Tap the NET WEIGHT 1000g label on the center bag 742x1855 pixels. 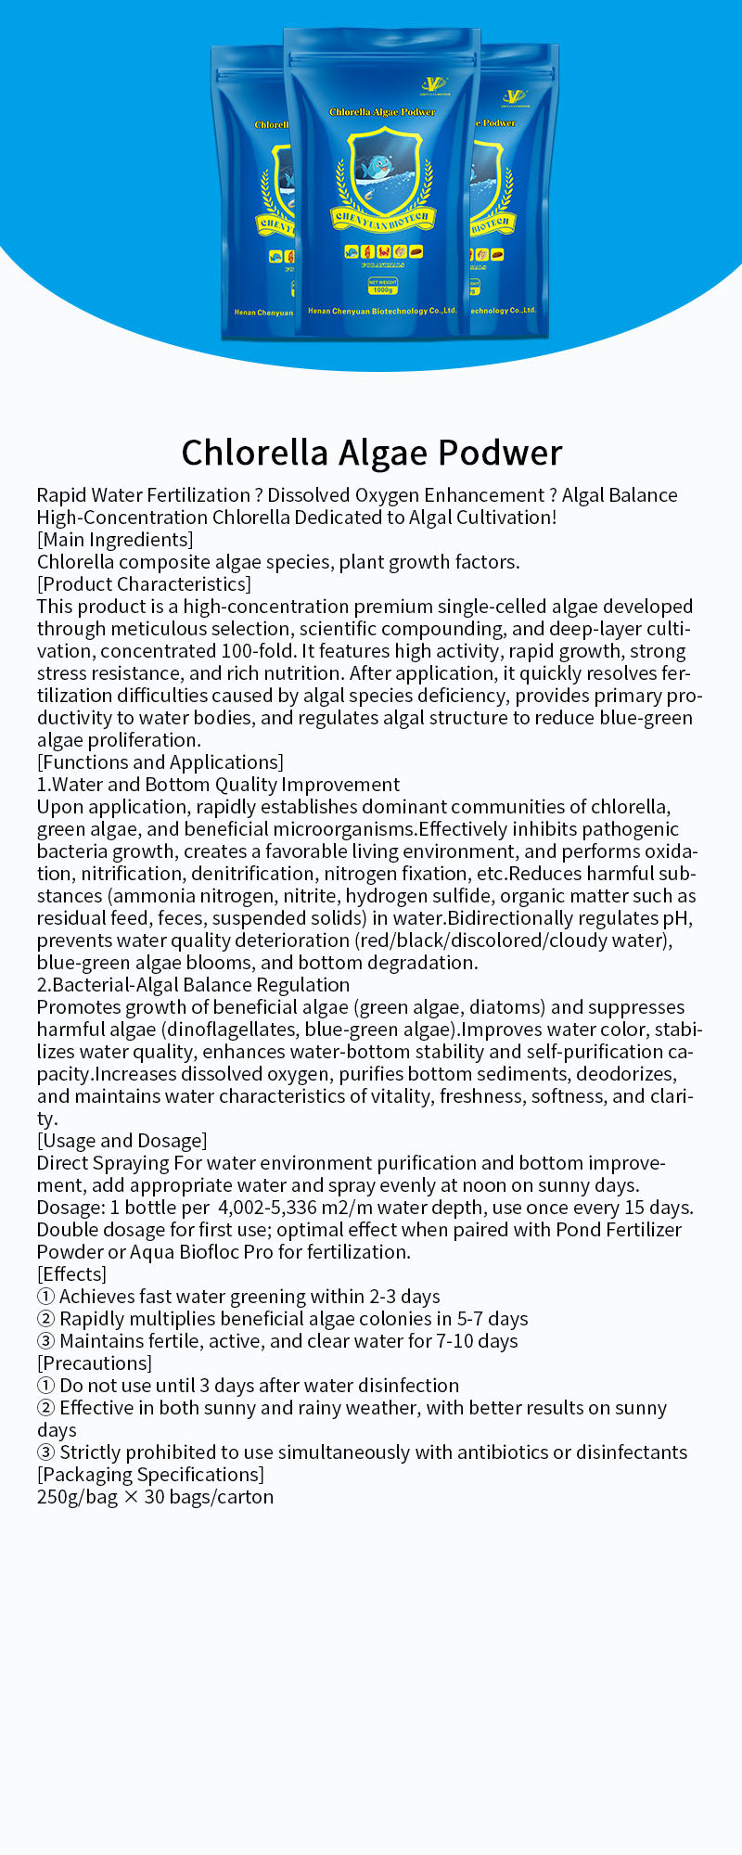pyautogui.click(x=382, y=286)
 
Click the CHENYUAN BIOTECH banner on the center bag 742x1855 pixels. pyautogui.click(x=382, y=219)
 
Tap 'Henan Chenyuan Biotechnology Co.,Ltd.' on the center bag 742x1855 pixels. pyautogui.click(x=382, y=311)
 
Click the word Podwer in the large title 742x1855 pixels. pyautogui.click(x=500, y=453)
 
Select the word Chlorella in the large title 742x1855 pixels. pyautogui.click(x=254, y=453)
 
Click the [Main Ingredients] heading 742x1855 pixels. pyautogui.click(x=115, y=540)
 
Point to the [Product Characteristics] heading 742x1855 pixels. pyautogui.click(x=144, y=584)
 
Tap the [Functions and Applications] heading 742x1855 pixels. pyautogui.click(x=160, y=762)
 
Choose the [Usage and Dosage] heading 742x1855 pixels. pyautogui.click(x=122, y=1141)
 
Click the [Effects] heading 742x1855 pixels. pyautogui.click(x=71, y=1274)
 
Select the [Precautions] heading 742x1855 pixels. pyautogui.click(x=94, y=1363)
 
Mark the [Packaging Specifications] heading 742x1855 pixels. pyautogui.click(x=150, y=1475)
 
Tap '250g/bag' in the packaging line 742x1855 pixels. pyautogui.click(x=77, y=1497)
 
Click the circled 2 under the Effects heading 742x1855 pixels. pyautogui.click(x=45, y=1319)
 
